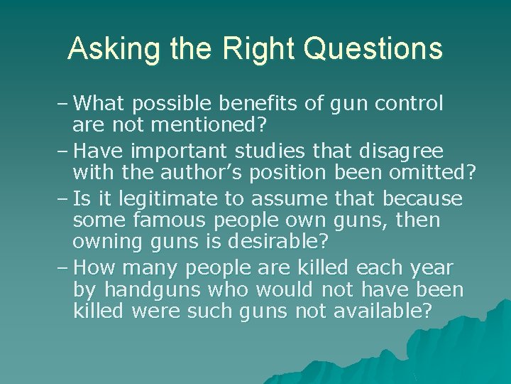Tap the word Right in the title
248,49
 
